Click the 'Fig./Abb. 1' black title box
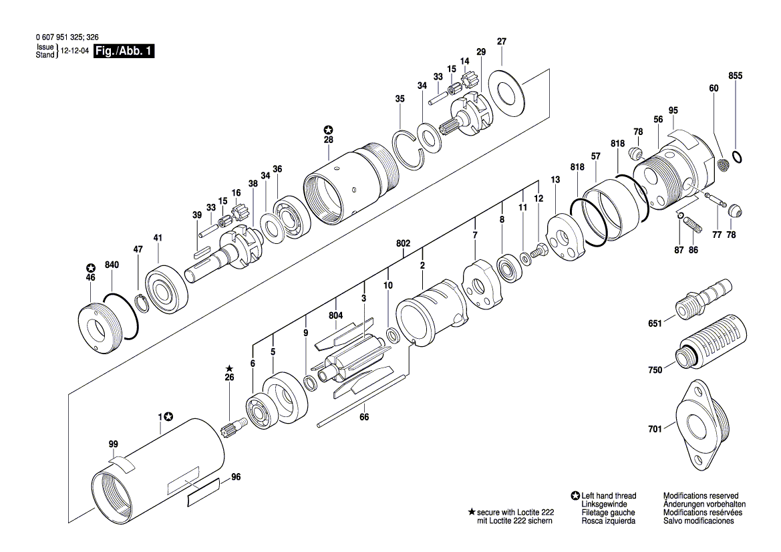click(124, 51)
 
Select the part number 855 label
click(736, 77)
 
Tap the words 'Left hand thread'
click(609, 496)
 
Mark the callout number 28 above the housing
click(328, 140)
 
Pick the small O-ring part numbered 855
click(736, 158)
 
